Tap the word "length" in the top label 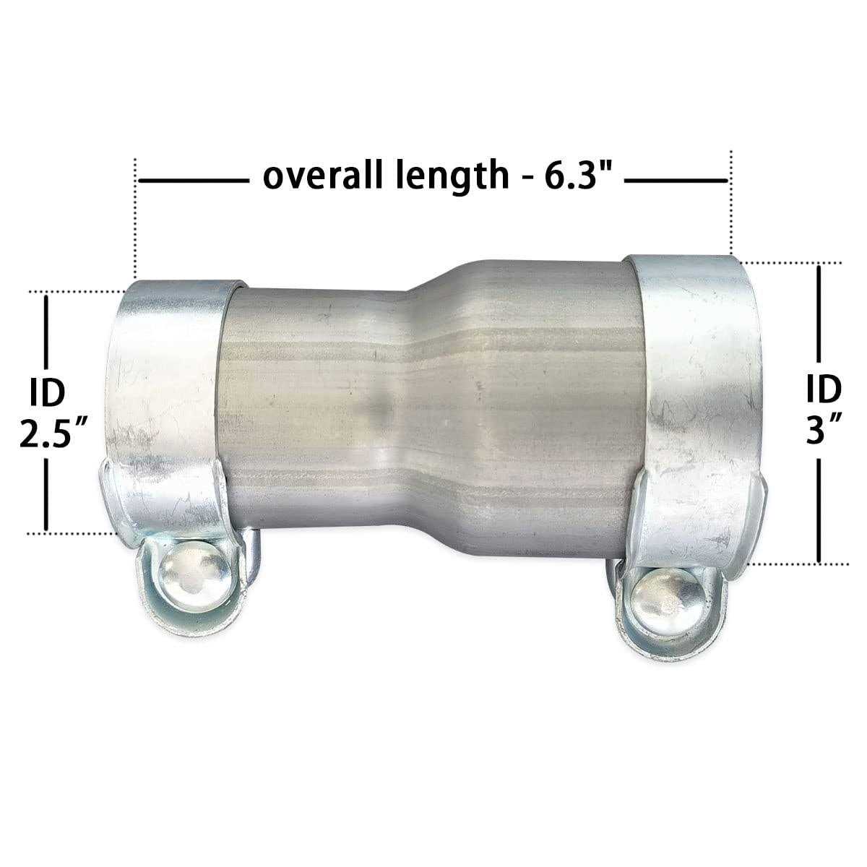point(453,177)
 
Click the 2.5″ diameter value point(53,433)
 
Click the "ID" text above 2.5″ point(47,392)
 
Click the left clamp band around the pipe point(166,405)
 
